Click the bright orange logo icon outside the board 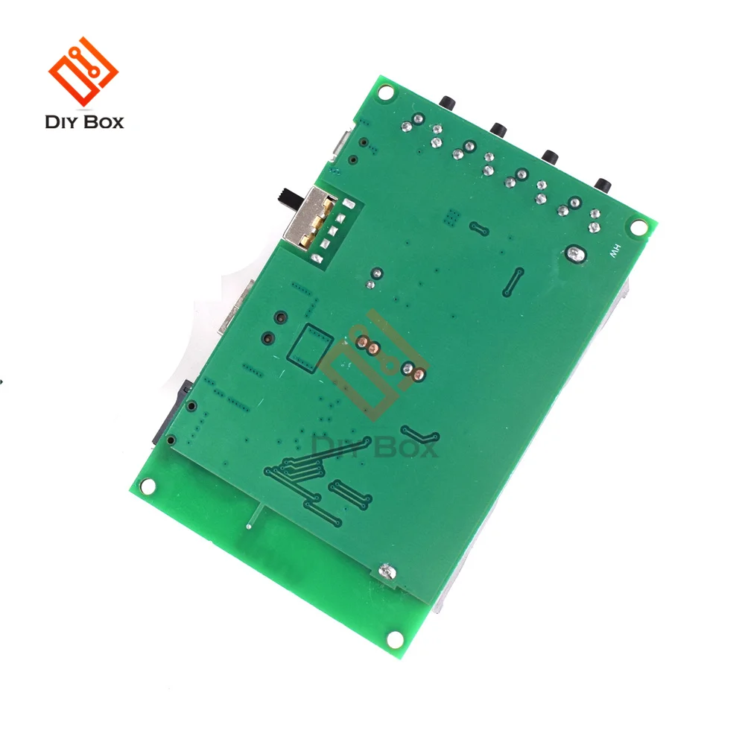[83, 72]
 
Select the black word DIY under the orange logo [65, 122]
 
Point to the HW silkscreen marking [615, 250]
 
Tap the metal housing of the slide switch [308, 217]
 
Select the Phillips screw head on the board [387, 572]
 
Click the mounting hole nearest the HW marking [639, 227]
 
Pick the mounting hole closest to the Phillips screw [396, 640]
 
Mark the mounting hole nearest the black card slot [148, 486]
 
